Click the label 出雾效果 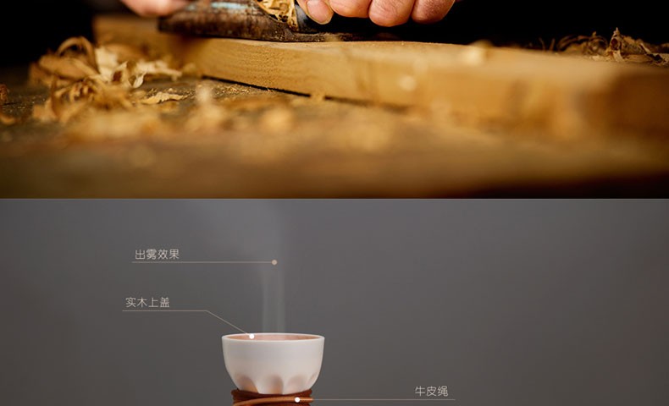click(x=157, y=255)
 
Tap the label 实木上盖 click(x=147, y=303)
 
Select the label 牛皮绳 click(x=431, y=391)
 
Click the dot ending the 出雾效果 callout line click(x=274, y=262)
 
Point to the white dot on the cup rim click(x=252, y=336)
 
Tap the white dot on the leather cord click(x=297, y=399)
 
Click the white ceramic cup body click(x=273, y=363)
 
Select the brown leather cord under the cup click(x=272, y=398)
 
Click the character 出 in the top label click(x=140, y=255)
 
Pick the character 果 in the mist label click(x=174, y=255)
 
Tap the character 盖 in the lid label click(x=164, y=303)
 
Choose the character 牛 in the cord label click(x=420, y=391)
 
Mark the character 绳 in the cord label click(x=443, y=391)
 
